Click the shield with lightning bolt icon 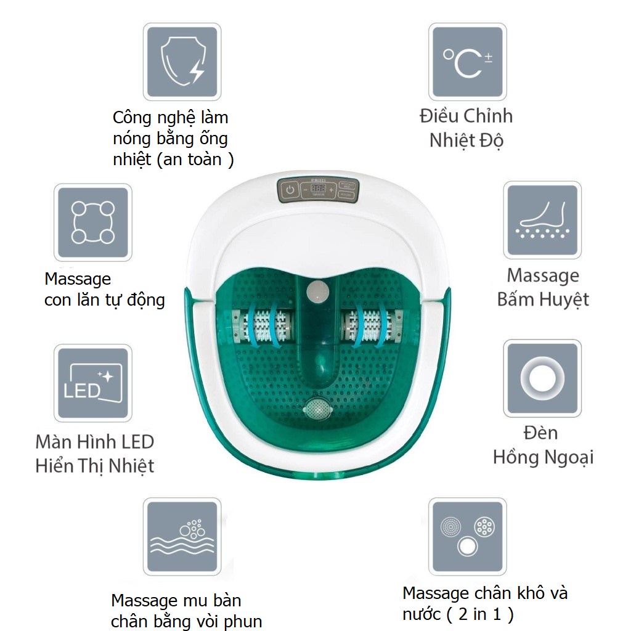pos(182,62)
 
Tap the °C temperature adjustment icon pos(467,62)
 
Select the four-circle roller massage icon pos(93,222)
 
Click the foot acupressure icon pos(542,220)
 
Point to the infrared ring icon pos(542,378)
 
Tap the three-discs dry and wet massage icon pos(467,537)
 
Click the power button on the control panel pos(290,190)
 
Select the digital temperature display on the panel pos(318,189)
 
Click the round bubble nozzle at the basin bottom pos(318,410)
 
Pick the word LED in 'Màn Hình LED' pos(137,442)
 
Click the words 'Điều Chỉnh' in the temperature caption pos(466,116)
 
